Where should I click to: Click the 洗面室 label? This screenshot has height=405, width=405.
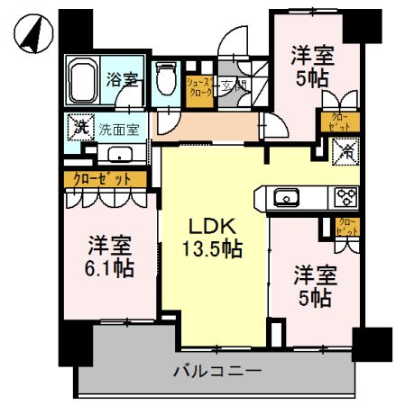(x=118, y=128)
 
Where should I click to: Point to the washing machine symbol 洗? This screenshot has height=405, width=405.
(x=80, y=128)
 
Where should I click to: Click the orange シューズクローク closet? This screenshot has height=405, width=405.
(x=198, y=89)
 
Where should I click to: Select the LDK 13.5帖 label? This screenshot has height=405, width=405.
(x=213, y=237)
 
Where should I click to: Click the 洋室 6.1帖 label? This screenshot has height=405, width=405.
(x=110, y=256)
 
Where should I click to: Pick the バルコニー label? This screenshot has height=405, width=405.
(x=216, y=370)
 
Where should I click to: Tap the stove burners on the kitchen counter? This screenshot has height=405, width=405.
(x=345, y=196)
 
